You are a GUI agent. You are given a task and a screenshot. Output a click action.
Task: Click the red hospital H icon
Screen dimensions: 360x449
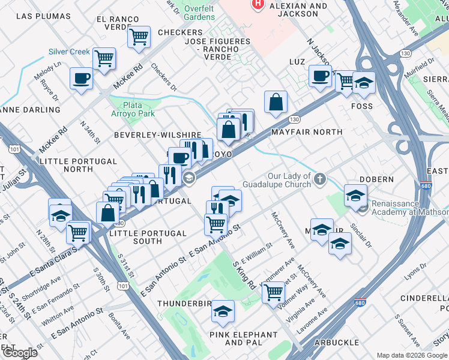point(259,4)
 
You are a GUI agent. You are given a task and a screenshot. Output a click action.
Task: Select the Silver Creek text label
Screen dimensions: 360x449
point(70,52)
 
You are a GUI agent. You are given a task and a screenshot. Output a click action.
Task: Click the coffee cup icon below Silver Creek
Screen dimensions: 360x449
point(81,77)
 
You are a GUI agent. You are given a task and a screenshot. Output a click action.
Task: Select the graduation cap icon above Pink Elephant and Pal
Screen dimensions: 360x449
point(223,311)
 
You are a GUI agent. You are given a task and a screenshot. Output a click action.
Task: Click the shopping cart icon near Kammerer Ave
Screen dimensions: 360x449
point(273,292)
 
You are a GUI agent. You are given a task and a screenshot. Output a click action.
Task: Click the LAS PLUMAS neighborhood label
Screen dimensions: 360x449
point(40,16)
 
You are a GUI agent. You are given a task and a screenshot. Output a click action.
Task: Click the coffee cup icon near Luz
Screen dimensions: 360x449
point(320,76)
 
